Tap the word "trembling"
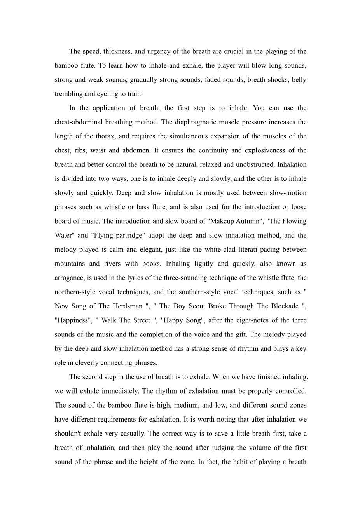point(69,94)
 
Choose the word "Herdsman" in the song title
point(128,306)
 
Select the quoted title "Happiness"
point(73,320)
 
